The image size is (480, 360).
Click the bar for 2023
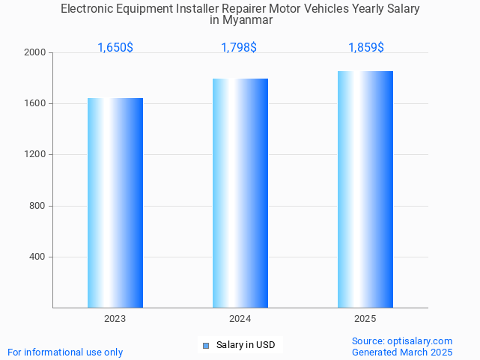(115, 203)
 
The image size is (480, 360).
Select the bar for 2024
(240, 193)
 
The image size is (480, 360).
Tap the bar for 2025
(365, 189)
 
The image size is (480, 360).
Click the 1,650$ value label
(115, 47)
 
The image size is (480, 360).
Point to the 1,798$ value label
(239, 47)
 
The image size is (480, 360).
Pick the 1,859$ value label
(366, 47)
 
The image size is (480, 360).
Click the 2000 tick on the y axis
(36, 52)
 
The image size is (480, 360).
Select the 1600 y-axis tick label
(36, 103)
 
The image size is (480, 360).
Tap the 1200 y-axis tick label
(36, 155)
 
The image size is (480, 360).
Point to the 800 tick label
(38, 206)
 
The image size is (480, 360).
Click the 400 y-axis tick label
(38, 257)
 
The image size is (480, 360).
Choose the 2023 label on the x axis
(115, 319)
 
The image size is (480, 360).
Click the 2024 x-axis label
(240, 319)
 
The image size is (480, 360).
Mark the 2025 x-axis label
(365, 319)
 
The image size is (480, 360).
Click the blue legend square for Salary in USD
(206, 345)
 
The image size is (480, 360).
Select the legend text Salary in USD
(246, 345)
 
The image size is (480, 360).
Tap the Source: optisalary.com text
(402, 341)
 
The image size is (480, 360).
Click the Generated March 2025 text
(402, 352)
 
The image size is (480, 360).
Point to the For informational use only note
(65, 352)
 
